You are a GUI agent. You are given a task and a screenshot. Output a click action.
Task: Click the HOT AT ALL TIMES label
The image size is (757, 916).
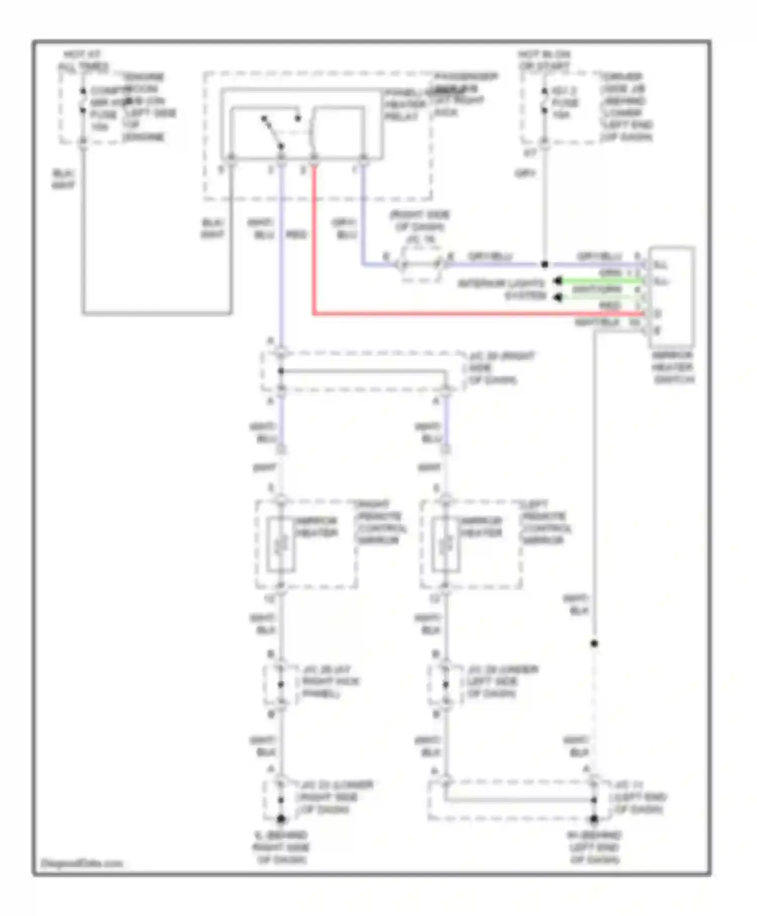pyautogui.click(x=83, y=61)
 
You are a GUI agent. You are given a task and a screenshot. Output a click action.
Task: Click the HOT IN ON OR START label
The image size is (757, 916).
pyautogui.click(x=544, y=61)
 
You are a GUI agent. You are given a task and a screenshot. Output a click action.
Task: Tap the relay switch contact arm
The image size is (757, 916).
pyautogui.click(x=273, y=132)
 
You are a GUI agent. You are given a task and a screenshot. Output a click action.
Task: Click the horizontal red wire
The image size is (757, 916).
pyautogui.click(x=454, y=314)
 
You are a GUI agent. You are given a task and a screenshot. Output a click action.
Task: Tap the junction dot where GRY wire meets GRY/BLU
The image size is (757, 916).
pyautogui.click(x=545, y=264)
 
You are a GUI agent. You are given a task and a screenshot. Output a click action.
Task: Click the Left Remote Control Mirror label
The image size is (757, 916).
pyautogui.click(x=545, y=523)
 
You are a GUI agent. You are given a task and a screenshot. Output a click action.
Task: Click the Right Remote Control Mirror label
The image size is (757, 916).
pyautogui.click(x=381, y=523)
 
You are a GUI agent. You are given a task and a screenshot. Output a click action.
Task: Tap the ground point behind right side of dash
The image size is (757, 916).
pyautogui.click(x=281, y=819)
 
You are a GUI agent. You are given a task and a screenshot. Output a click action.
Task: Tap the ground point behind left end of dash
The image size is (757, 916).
pyautogui.click(x=594, y=819)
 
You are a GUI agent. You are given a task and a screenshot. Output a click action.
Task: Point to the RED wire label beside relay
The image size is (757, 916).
pyautogui.click(x=296, y=235)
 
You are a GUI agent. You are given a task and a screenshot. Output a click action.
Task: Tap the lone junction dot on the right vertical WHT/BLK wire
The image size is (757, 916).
pyautogui.click(x=594, y=643)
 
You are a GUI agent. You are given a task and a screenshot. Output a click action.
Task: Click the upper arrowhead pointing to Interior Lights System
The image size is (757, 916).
pyautogui.click(x=558, y=281)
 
